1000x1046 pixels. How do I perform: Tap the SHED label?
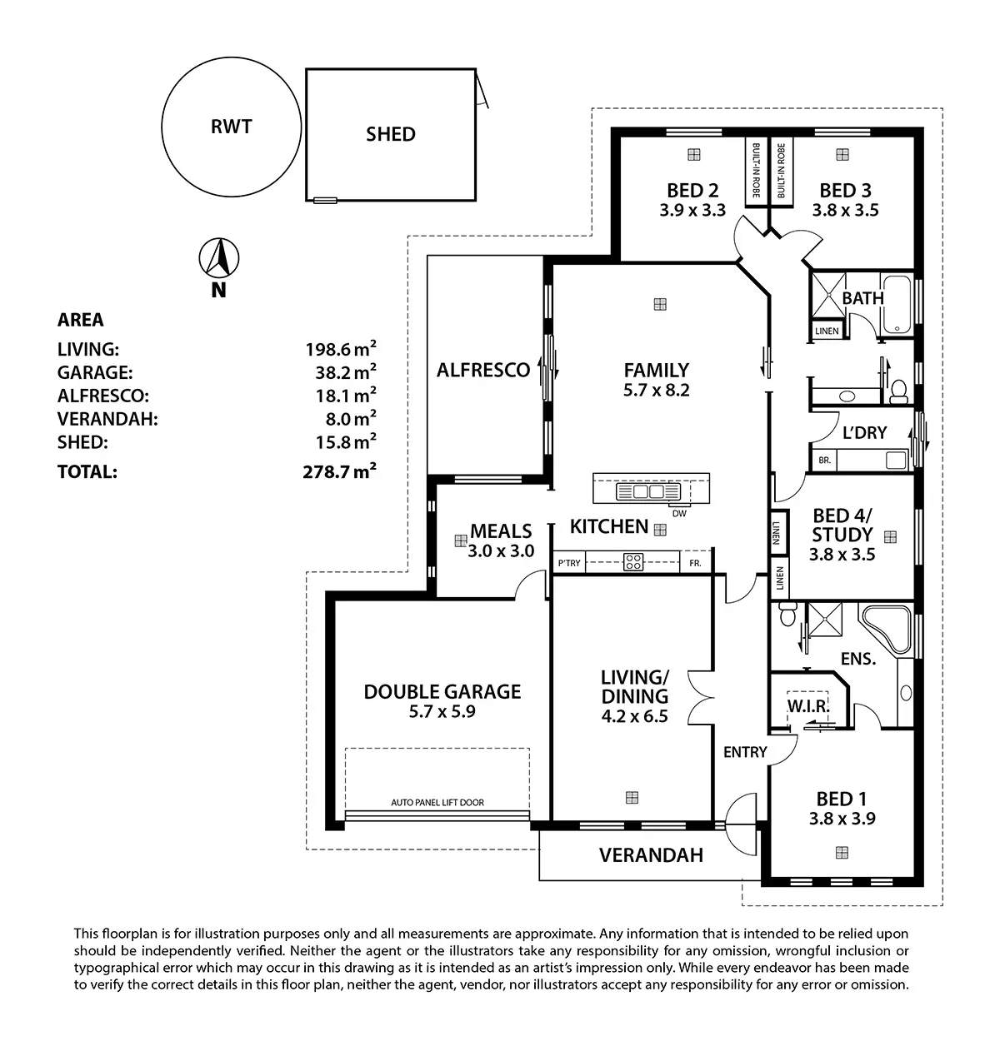click(x=390, y=134)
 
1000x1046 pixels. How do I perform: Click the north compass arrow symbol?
click(x=219, y=258)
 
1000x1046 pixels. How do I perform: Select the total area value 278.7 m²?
click(x=339, y=472)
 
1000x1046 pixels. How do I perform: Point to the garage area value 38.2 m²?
click(x=341, y=372)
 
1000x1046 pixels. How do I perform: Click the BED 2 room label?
click(x=692, y=191)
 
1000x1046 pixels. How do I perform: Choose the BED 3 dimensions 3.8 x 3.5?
click(x=845, y=211)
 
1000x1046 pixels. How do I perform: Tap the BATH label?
click(x=862, y=297)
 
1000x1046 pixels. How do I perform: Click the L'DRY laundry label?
click(x=864, y=432)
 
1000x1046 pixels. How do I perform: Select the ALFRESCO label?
click(x=483, y=370)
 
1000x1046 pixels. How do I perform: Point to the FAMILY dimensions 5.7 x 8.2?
click(x=657, y=390)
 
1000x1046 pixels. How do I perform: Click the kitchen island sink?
click(x=642, y=492)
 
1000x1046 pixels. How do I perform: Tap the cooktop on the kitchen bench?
click(x=633, y=562)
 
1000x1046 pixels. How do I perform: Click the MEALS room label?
click(x=501, y=530)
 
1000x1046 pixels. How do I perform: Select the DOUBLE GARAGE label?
click(x=442, y=691)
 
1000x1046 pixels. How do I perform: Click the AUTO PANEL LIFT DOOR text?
click(x=437, y=803)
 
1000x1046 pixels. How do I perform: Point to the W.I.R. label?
click(x=807, y=707)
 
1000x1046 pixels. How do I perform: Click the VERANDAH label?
click(x=651, y=855)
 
